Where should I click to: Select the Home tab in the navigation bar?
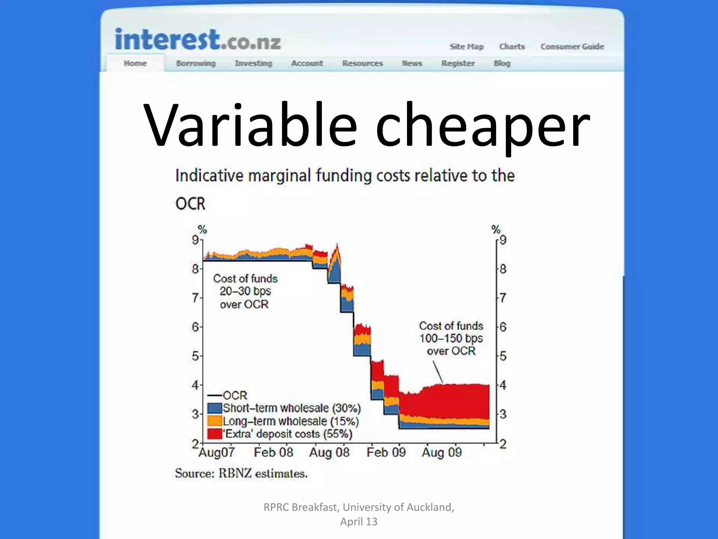(135, 64)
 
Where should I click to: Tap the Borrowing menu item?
(196, 64)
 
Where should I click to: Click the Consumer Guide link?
(572, 47)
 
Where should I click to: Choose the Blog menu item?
(502, 64)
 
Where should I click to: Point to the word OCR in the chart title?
(190, 204)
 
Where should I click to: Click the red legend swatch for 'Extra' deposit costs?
(215, 434)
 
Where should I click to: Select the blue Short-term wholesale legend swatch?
(215, 408)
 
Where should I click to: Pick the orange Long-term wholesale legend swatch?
(215, 421)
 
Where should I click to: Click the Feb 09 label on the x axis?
(386, 452)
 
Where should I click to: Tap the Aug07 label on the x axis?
(216, 452)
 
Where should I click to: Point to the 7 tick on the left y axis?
(195, 298)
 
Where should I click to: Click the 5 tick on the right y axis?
(503, 356)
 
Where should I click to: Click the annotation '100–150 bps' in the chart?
(451, 338)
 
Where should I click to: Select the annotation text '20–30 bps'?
(245, 291)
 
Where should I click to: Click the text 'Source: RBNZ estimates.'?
(241, 473)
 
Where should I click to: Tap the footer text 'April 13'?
(359, 521)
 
